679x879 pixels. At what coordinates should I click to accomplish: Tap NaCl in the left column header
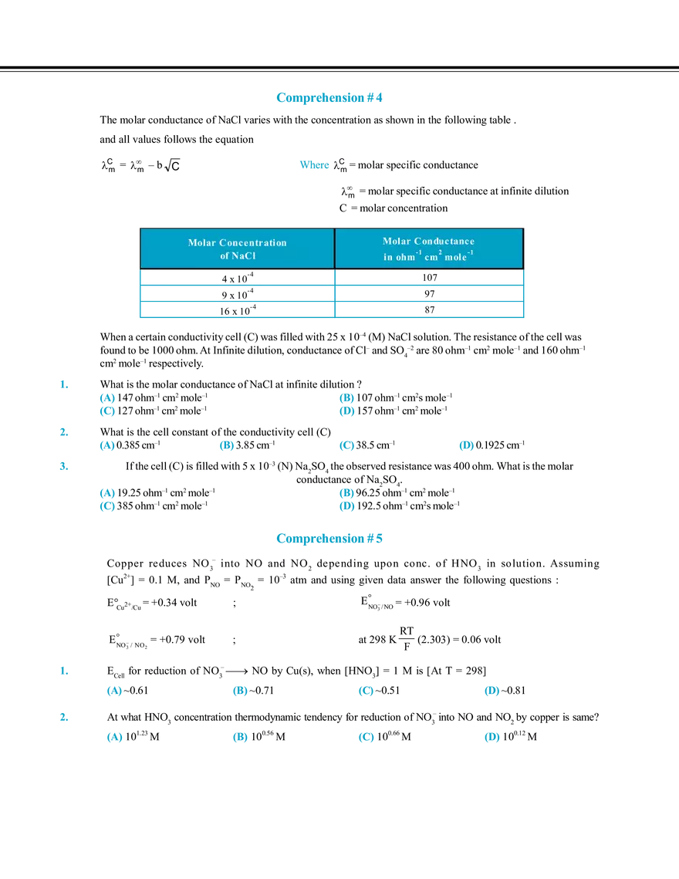[242, 255]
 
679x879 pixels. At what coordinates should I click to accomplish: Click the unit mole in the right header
[455, 257]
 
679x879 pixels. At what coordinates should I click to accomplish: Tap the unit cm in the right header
[431, 257]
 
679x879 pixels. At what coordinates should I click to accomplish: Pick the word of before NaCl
[225, 255]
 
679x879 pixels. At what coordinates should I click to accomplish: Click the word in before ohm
[388, 257]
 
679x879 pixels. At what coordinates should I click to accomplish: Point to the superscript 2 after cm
[440, 253]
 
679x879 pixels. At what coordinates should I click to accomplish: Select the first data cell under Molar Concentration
[236, 282]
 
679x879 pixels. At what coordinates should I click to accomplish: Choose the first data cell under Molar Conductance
[431, 282]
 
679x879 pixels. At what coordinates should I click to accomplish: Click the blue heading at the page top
[329, 97]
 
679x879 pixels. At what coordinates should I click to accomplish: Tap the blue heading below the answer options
[330, 539]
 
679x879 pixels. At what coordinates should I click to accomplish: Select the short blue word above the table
[315, 164]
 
